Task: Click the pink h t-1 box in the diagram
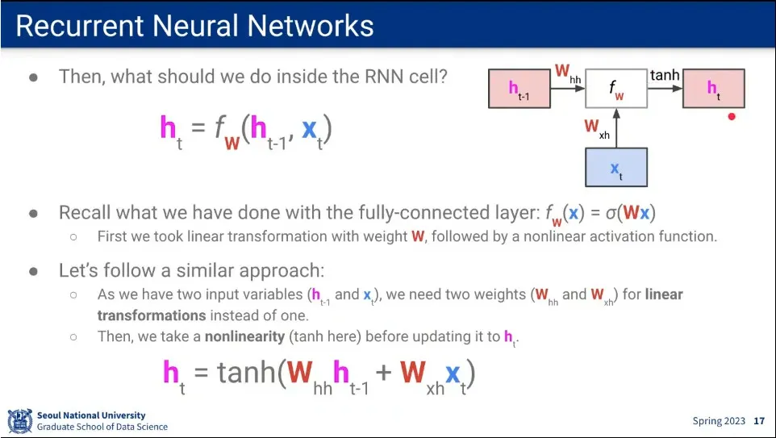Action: [519, 89]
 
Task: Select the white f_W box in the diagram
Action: [616, 89]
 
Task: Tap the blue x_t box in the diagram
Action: [616, 167]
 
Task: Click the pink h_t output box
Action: [714, 89]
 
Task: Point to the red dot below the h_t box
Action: [732, 117]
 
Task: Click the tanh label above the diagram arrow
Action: [665, 75]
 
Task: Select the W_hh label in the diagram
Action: [568, 73]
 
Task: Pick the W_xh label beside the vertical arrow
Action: [597, 128]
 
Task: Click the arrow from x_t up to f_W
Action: [616, 127]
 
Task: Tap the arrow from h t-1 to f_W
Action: [568, 89]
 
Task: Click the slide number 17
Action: [759, 421]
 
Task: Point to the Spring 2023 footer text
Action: [719, 421]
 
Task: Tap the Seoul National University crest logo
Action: [20, 421]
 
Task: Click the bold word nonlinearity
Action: [244, 336]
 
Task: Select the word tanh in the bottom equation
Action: [246, 372]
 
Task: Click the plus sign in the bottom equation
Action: [384, 373]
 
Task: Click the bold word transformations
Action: [152, 315]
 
